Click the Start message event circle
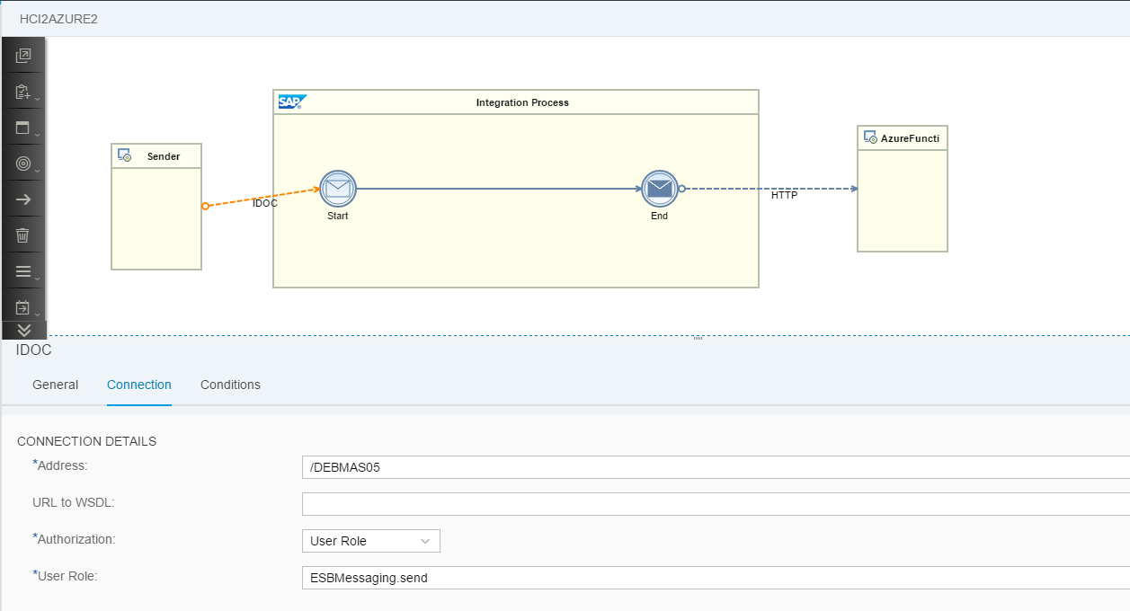tap(337, 189)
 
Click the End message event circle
tap(659, 189)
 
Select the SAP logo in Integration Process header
tap(292, 102)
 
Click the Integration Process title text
tap(522, 102)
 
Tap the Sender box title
tap(164, 156)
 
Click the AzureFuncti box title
tap(910, 138)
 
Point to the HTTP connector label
tap(784, 195)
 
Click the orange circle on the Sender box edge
tap(205, 206)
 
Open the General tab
tap(55, 385)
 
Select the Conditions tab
tap(230, 385)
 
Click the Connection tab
tap(138, 385)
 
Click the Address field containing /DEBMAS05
tap(716, 467)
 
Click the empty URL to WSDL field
tap(716, 504)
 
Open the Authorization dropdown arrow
tap(424, 541)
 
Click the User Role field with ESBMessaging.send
tap(716, 578)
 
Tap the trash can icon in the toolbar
tap(22, 235)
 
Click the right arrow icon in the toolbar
tap(23, 199)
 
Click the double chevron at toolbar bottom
tap(24, 330)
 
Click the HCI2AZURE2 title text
tap(58, 19)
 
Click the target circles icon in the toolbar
tap(23, 164)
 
